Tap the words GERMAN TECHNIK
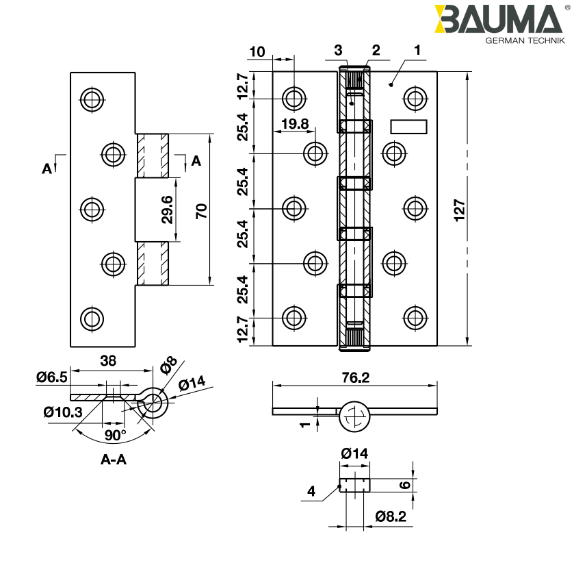tap(525, 41)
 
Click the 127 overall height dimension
tap(460, 208)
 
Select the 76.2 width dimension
tap(354, 377)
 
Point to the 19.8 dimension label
tap(295, 124)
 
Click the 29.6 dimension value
tap(167, 209)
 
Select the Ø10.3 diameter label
tap(62, 412)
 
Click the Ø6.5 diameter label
tap(52, 376)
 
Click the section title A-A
tap(114, 460)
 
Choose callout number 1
tap(418, 49)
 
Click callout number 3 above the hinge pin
tap(337, 49)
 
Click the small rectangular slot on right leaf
tap(408, 127)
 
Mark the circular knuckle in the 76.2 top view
tap(354, 416)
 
